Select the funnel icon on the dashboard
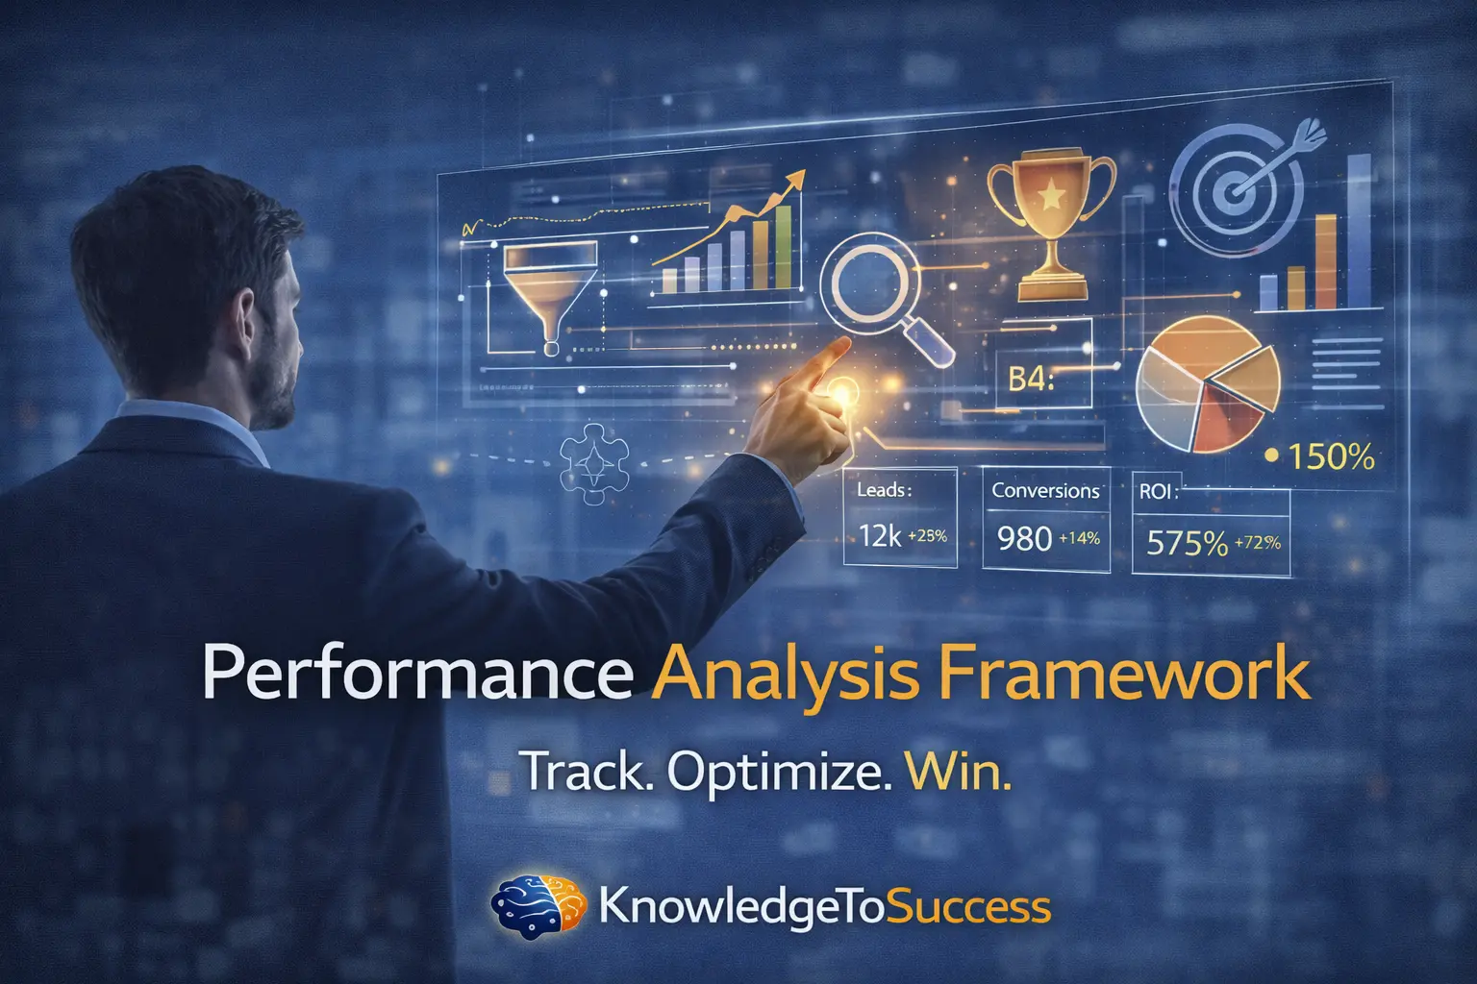pos(549,288)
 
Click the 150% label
pos(1331,457)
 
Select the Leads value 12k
pos(880,535)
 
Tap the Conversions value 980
pos(1024,539)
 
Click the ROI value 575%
pos(1187,544)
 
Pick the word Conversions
pos(1045,490)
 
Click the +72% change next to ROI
pos(1257,543)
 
